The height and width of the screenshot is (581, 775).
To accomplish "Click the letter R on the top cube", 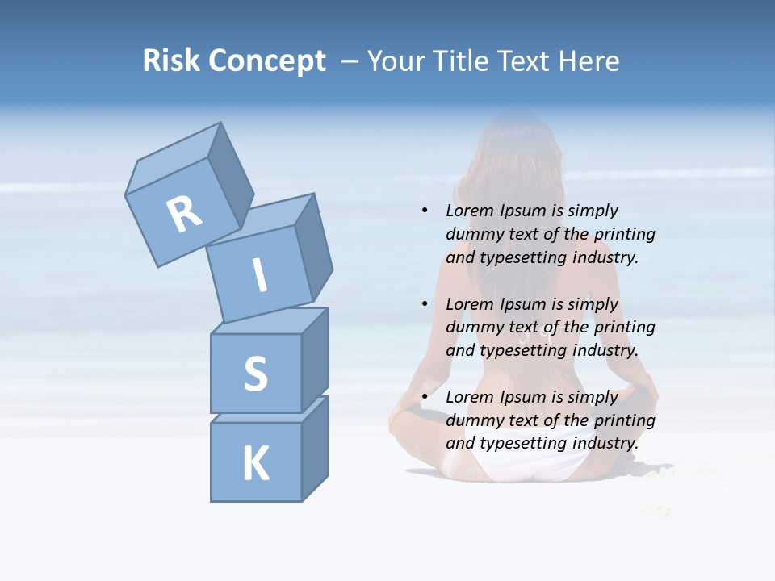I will coord(184,214).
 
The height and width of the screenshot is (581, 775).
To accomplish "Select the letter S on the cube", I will coord(255,374).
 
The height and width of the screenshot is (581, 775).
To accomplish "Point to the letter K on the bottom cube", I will coord(255,464).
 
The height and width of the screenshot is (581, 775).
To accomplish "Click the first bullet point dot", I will coord(425,211).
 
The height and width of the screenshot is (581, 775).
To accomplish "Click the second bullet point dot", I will coord(425,304).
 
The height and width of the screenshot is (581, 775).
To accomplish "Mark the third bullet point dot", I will coord(425,397).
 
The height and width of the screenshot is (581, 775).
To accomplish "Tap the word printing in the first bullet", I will coord(624,234).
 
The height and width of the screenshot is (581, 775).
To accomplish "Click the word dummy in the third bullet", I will coord(471,420).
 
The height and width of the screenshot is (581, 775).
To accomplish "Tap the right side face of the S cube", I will coord(315,361).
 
